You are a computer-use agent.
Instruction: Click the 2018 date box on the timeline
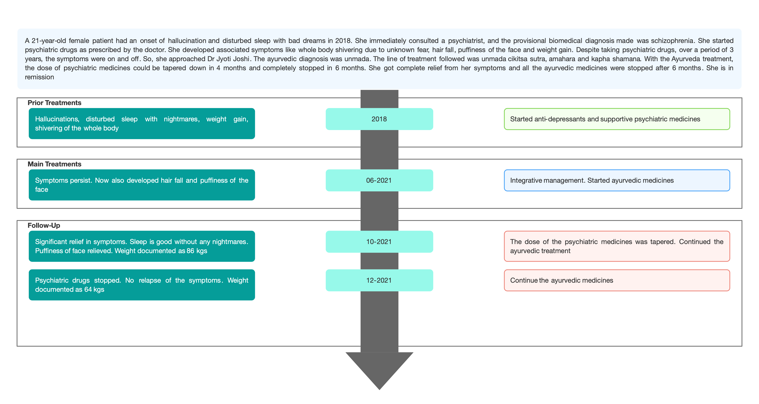tap(379, 119)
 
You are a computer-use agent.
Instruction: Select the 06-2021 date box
tap(379, 180)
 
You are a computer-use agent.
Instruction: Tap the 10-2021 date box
tap(379, 242)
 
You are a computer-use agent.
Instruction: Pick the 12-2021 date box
tap(379, 280)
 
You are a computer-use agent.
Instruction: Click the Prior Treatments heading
tap(55, 103)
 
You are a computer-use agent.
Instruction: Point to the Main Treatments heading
tap(55, 164)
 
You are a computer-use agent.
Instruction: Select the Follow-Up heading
tap(44, 225)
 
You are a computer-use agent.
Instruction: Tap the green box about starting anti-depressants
tap(617, 119)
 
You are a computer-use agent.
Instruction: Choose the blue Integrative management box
tap(617, 180)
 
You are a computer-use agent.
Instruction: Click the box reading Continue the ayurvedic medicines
tap(617, 280)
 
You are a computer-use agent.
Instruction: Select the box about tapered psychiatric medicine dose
tap(617, 246)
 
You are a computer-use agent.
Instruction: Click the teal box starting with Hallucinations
tap(142, 123)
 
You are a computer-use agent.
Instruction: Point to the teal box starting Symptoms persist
tap(142, 185)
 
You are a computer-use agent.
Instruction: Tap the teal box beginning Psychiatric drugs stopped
tap(142, 285)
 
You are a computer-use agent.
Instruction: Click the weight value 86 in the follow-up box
tap(190, 251)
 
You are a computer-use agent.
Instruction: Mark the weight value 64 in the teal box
tap(88, 289)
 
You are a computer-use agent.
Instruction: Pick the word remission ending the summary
tap(40, 77)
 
